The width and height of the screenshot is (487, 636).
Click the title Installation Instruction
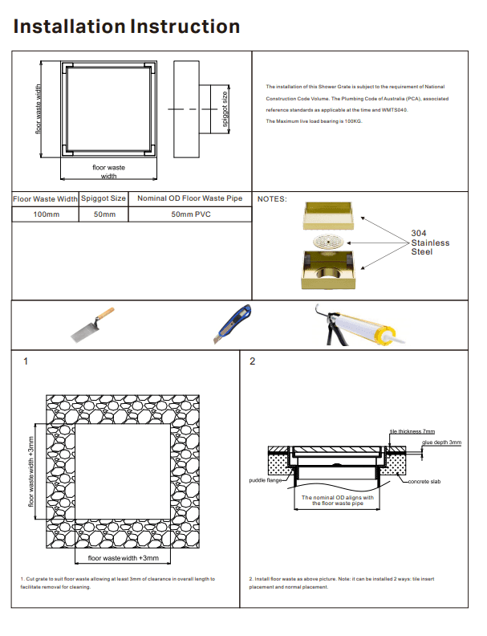pos(127,26)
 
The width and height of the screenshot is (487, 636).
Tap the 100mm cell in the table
pos(45,214)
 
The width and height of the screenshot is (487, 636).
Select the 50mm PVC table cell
pos(189,214)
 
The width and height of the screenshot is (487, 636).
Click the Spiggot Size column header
pos(103,198)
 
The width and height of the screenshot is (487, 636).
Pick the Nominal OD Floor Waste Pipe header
pos(189,198)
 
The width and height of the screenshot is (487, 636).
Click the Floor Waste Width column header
pos(45,198)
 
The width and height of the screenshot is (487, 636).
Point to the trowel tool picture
pos(92,324)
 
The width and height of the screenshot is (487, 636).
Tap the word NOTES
pos(272,198)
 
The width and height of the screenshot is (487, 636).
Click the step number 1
pos(26,361)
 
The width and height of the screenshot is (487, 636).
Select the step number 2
pos(252,361)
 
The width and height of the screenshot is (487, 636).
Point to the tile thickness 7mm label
pos(412,432)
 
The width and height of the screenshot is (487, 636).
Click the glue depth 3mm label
pos(442,442)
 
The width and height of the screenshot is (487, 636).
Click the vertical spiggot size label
pos(225,109)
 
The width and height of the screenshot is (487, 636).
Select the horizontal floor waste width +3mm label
pos(124,557)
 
